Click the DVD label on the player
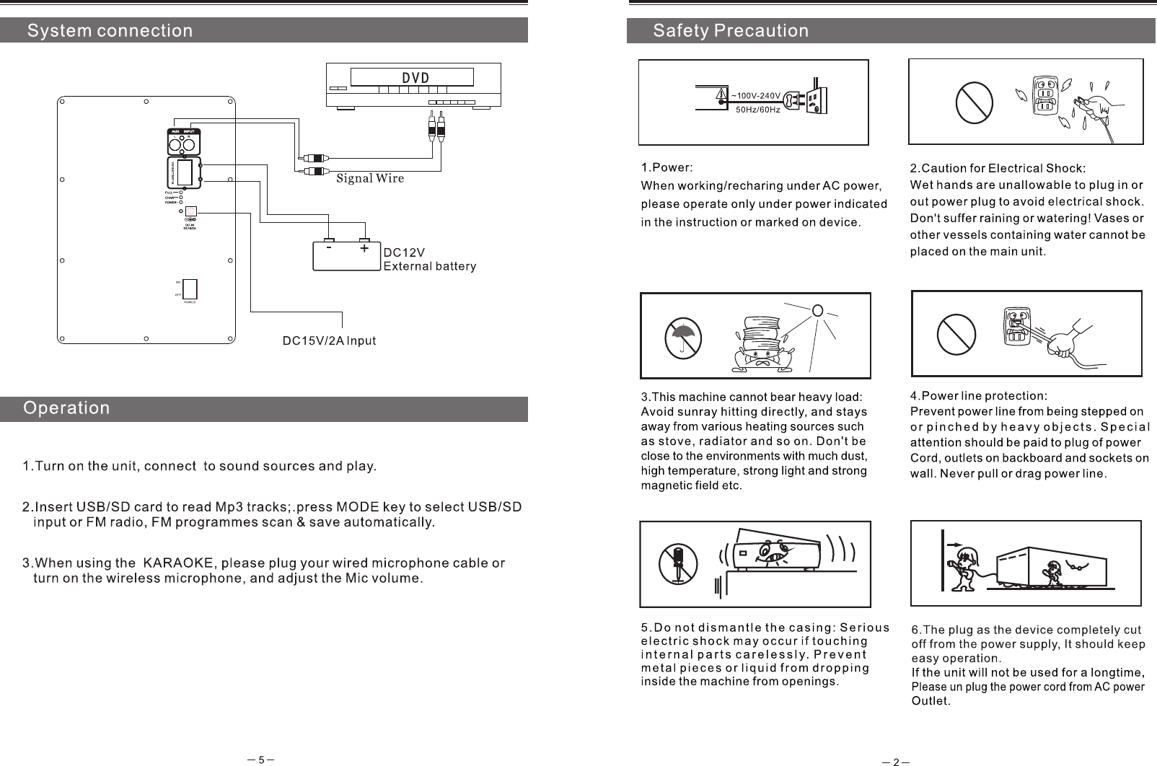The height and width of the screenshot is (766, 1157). coord(415,78)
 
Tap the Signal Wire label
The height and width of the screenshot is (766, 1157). coord(370,178)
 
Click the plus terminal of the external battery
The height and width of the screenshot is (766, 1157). coord(364,248)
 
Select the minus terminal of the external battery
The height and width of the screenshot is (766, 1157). coord(329,248)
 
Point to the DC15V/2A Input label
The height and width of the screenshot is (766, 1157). coord(328,340)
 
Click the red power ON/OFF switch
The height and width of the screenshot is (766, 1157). coord(190,289)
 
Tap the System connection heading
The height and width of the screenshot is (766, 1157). coord(110,31)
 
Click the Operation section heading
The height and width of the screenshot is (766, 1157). coord(67,408)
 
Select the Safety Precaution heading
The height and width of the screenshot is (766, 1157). coord(731,31)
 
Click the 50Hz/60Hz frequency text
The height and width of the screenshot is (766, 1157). coord(757,110)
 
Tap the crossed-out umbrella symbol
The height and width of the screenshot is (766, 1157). coord(683,338)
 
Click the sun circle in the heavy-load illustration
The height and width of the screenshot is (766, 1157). coord(817,311)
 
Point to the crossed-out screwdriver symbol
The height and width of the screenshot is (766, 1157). coord(678,564)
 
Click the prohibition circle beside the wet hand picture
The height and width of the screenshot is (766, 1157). coord(975,102)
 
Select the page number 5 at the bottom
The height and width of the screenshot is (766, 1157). coord(261,760)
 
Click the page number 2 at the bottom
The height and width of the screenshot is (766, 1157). coord(895,762)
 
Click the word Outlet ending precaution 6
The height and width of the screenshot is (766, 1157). coord(930,700)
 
